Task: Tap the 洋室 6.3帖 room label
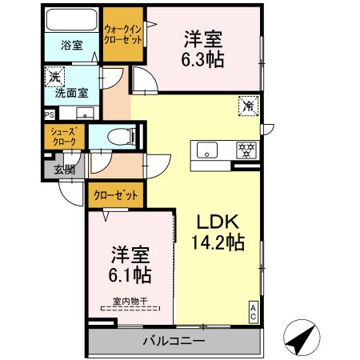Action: [x=204, y=49]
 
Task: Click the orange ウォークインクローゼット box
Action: [x=122, y=34]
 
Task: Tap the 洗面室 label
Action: [x=70, y=93]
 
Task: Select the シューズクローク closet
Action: [x=64, y=137]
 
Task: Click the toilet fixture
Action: [x=114, y=137]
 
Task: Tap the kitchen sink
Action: [x=206, y=150]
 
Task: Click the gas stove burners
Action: [x=244, y=149]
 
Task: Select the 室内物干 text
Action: [x=129, y=302]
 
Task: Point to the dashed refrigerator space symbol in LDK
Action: [x=247, y=105]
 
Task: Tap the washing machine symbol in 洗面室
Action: [x=56, y=78]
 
